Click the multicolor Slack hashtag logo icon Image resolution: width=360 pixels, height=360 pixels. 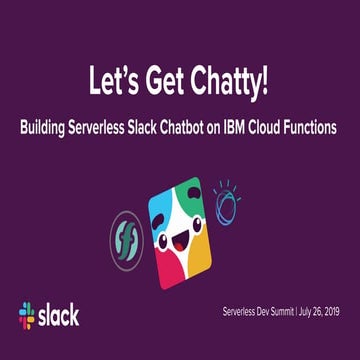(27, 317)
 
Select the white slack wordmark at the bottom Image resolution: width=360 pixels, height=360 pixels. (58, 317)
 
